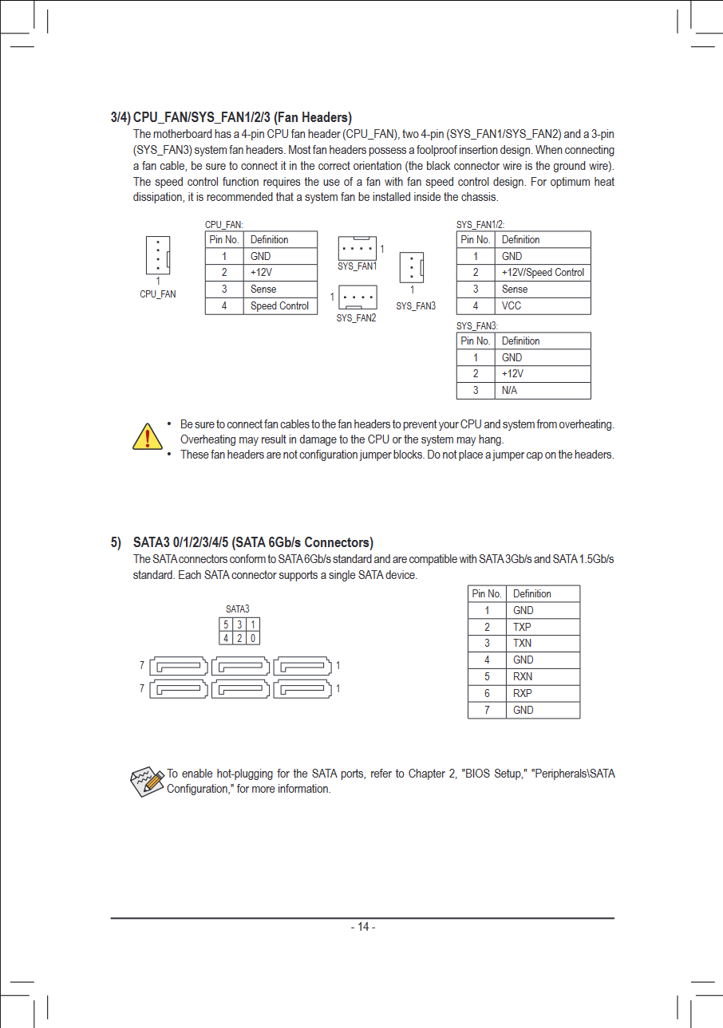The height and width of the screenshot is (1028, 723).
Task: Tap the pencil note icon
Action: coord(146,781)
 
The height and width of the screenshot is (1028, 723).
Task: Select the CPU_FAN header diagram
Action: coord(158,255)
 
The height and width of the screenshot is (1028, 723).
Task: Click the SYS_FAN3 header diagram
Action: coord(411,267)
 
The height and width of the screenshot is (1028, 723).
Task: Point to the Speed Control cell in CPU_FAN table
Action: coord(279,306)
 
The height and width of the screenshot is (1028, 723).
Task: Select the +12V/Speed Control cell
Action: coord(543,273)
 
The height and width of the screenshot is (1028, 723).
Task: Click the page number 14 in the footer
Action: coord(362,927)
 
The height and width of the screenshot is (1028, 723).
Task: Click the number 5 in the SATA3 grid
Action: coord(226,624)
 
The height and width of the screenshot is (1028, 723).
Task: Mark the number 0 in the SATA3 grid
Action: coord(252,638)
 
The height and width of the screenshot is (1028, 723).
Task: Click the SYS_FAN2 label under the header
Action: coord(356,318)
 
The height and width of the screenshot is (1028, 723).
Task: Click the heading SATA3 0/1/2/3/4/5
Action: coord(253,543)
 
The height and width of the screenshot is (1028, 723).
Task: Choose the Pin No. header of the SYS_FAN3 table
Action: coord(476,341)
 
